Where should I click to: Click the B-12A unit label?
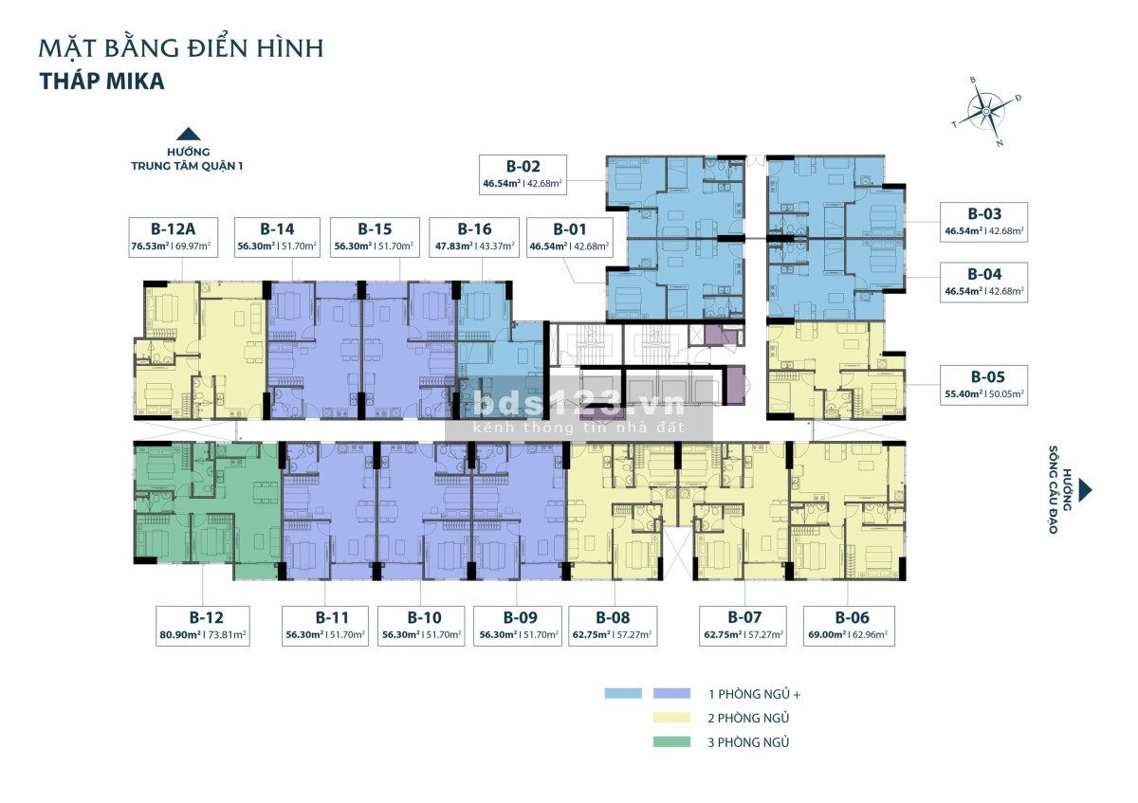(x=173, y=229)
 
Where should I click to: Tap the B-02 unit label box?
(x=523, y=174)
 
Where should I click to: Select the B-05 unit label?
(x=987, y=377)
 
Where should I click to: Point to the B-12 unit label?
(x=207, y=617)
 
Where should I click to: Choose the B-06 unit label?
(x=852, y=617)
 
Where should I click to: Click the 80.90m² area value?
(x=180, y=635)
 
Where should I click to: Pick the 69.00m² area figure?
(x=827, y=635)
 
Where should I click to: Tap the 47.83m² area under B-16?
(x=453, y=246)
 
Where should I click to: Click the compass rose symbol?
(x=986, y=112)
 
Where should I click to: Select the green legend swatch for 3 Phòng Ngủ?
(x=671, y=742)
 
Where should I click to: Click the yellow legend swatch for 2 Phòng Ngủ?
(x=671, y=718)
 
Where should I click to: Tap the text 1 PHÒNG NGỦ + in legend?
(x=755, y=694)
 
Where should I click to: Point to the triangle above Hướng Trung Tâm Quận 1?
(x=188, y=134)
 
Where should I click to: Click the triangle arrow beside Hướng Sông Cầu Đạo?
(x=1085, y=489)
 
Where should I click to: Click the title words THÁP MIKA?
(x=102, y=82)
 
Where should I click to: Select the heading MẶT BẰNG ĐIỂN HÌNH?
(x=181, y=48)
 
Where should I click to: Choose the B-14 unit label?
(x=277, y=229)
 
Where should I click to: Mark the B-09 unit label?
(x=521, y=617)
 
